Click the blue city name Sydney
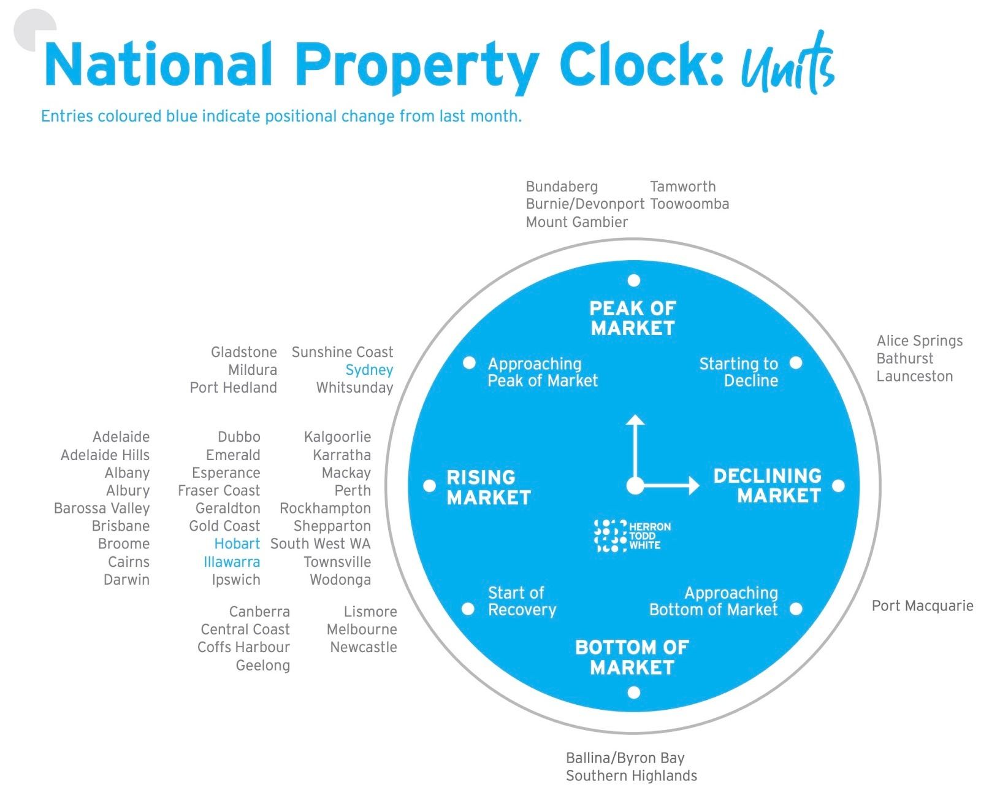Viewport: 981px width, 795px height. (369, 370)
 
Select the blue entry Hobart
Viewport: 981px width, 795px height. (237, 543)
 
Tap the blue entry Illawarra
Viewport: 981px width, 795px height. (232, 561)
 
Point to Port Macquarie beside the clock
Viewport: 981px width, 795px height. (922, 605)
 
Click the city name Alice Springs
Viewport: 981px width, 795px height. (919, 340)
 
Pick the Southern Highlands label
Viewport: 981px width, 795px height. (631, 775)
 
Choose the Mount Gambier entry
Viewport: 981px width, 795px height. (576, 221)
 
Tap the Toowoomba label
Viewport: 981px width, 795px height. (690, 204)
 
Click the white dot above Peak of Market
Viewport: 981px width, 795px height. (634, 280)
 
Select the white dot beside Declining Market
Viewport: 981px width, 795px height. (838, 485)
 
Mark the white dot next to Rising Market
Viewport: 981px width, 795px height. (429, 485)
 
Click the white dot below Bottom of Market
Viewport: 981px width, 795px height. (634, 692)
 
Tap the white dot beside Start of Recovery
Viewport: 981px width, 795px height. (468, 609)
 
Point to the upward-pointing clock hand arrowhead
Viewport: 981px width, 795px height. (635, 420)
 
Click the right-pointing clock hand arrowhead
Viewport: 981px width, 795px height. (694, 485)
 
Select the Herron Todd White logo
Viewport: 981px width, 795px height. (632, 535)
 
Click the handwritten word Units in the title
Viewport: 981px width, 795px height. (788, 64)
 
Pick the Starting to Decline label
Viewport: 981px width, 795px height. (739, 372)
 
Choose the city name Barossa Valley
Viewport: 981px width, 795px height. (102, 508)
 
